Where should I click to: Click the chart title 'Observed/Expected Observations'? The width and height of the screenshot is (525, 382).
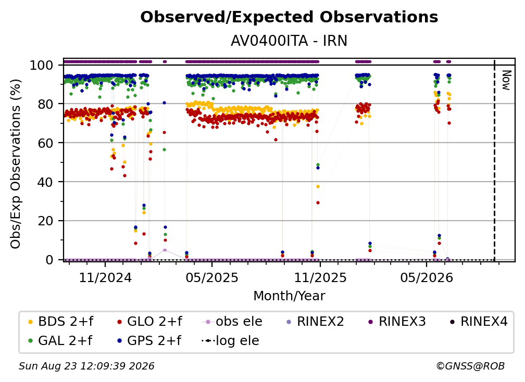pyautogui.click(x=289, y=17)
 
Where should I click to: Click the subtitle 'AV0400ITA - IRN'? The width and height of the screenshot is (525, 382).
pyautogui.click(x=289, y=41)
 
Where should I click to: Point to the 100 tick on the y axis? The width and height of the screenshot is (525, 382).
pyautogui.click(x=41, y=65)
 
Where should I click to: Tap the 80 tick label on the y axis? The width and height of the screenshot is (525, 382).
pyautogui.click(x=45, y=104)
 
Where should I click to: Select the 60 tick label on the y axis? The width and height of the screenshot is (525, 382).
pyautogui.click(x=45, y=143)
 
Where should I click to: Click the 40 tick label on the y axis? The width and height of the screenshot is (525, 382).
pyautogui.click(x=45, y=182)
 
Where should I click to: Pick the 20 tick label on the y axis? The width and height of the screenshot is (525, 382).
pyautogui.click(x=45, y=221)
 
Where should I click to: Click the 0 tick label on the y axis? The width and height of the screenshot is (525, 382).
pyautogui.click(x=49, y=260)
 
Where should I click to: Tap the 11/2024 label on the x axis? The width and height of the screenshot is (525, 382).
pyautogui.click(x=105, y=277)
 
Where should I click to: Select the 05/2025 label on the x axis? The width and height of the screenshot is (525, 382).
pyautogui.click(x=211, y=277)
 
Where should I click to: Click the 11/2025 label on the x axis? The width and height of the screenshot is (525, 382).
pyautogui.click(x=320, y=277)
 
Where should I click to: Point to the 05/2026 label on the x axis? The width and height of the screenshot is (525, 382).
pyautogui.click(x=426, y=277)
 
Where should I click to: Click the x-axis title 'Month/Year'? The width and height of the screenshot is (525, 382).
pyautogui.click(x=289, y=296)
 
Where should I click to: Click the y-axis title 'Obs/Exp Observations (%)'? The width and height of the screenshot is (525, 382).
pyautogui.click(x=16, y=163)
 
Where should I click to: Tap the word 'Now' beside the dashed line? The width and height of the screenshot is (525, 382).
pyautogui.click(x=506, y=80)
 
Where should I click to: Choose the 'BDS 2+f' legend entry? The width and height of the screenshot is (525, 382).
pyautogui.click(x=60, y=322)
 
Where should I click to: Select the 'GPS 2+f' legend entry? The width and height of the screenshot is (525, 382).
pyautogui.click(x=149, y=341)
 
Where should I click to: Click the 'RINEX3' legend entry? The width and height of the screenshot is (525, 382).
pyautogui.click(x=397, y=322)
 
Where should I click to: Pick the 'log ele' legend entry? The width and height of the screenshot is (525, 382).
pyautogui.click(x=230, y=341)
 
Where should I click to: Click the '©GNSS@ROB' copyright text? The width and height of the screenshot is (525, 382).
pyautogui.click(x=470, y=366)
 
